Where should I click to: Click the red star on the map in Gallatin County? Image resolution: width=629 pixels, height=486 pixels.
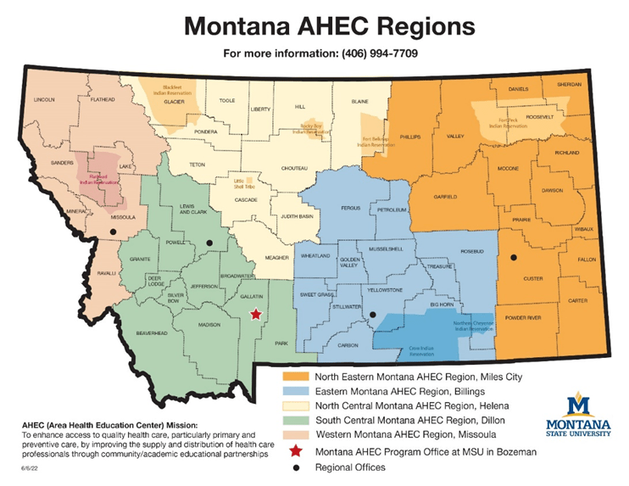256,315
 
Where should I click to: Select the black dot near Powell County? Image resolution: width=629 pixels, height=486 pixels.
209,243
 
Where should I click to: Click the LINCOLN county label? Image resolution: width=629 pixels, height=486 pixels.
43,99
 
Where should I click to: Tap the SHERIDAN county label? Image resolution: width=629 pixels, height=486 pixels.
570,85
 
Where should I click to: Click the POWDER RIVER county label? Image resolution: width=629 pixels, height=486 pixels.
522,317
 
